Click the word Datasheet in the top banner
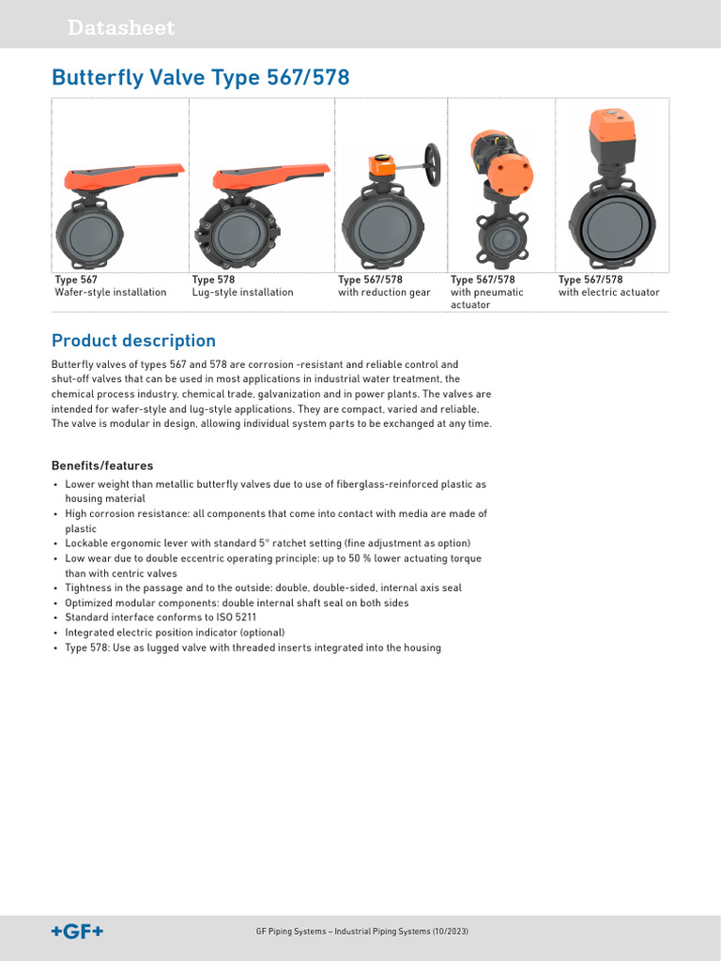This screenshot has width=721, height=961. pos(120,28)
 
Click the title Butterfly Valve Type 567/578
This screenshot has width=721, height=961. pos(200,78)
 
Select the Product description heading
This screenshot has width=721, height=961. pos(133,341)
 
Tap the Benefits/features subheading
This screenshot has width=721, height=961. pos(102,465)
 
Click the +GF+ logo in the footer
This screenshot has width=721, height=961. pos(77,931)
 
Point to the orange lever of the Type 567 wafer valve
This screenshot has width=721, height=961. pos(122,175)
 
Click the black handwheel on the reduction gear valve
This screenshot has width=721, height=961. pos(433,165)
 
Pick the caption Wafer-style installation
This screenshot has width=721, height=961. pos(111,293)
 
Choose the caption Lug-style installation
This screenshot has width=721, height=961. pos(242,293)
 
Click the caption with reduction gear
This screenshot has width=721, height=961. pos(384,293)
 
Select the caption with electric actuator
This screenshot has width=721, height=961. pos(608,293)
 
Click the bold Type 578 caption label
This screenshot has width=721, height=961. pos(213,280)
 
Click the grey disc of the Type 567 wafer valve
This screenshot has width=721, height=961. pos(89,231)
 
